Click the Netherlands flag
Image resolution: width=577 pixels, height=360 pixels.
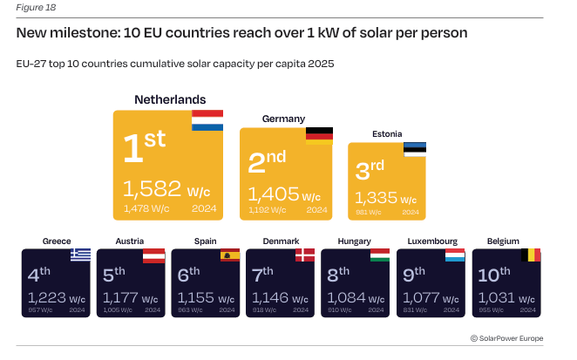click(207, 121)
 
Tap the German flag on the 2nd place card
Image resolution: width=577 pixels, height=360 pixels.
click(318, 135)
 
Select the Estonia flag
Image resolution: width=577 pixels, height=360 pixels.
click(415, 149)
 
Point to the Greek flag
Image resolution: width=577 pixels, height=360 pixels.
click(80, 255)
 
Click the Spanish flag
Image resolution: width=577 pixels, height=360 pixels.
click(230, 255)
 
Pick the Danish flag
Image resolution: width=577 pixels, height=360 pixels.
click(305, 255)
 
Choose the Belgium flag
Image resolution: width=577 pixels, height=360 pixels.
click(530, 255)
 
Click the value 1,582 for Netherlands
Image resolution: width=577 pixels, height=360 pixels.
click(153, 189)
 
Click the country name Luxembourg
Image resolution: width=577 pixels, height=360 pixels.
click(432, 241)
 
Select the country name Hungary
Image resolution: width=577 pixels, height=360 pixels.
click(355, 241)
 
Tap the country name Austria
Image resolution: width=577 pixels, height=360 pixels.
click(129, 241)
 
